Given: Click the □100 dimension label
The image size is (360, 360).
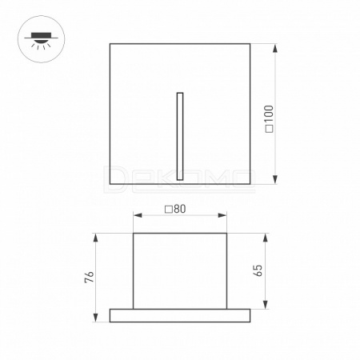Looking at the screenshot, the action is pos(270,119).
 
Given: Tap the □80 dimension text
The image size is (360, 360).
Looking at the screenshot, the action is pos(175,209).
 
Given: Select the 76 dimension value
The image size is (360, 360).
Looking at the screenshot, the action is pos(90,277).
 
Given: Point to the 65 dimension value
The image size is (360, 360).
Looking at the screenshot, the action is pos(258,270).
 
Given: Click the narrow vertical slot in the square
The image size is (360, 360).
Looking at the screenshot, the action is pos(180,136).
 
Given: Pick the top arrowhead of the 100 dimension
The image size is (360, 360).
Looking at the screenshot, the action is pos(275,48).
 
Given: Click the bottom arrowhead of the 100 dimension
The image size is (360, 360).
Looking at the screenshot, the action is pos(275,179).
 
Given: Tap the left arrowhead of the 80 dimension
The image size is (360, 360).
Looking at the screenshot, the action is pos(138,215).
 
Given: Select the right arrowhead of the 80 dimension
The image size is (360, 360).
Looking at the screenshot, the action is pos(222,215).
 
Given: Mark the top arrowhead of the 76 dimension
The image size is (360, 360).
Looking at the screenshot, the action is pos(95,238).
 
